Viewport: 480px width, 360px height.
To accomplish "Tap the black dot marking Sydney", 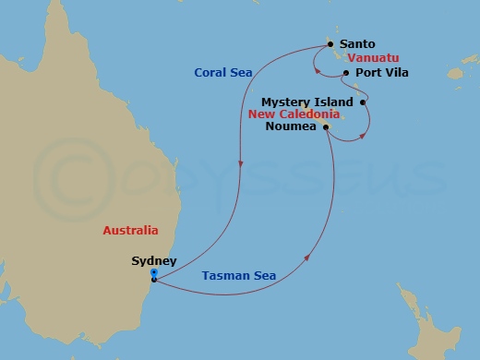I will click(x=153, y=280).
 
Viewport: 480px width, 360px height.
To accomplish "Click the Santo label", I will click(x=357, y=43).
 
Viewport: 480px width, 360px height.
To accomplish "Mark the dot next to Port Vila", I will click(x=345, y=73).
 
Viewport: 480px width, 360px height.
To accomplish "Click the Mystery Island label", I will click(x=307, y=102).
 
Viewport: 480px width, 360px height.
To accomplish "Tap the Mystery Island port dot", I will click(x=363, y=102).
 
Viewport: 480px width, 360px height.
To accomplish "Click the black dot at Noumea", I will click(x=326, y=127).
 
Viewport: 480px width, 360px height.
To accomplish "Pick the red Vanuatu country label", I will click(x=375, y=57).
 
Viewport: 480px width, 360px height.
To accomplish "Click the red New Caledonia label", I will click(x=294, y=114).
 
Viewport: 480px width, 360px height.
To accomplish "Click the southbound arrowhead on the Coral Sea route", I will click(x=240, y=165).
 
